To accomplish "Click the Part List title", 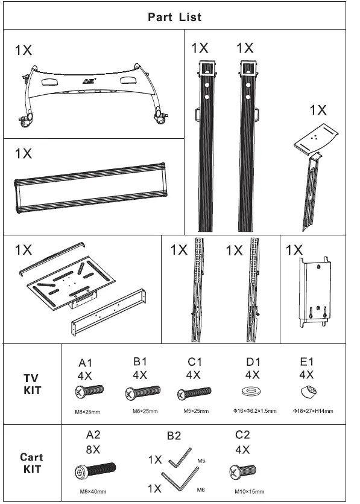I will coord(175,17).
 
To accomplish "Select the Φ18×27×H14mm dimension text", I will coord(312,411).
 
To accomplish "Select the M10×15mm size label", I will coord(247,491).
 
